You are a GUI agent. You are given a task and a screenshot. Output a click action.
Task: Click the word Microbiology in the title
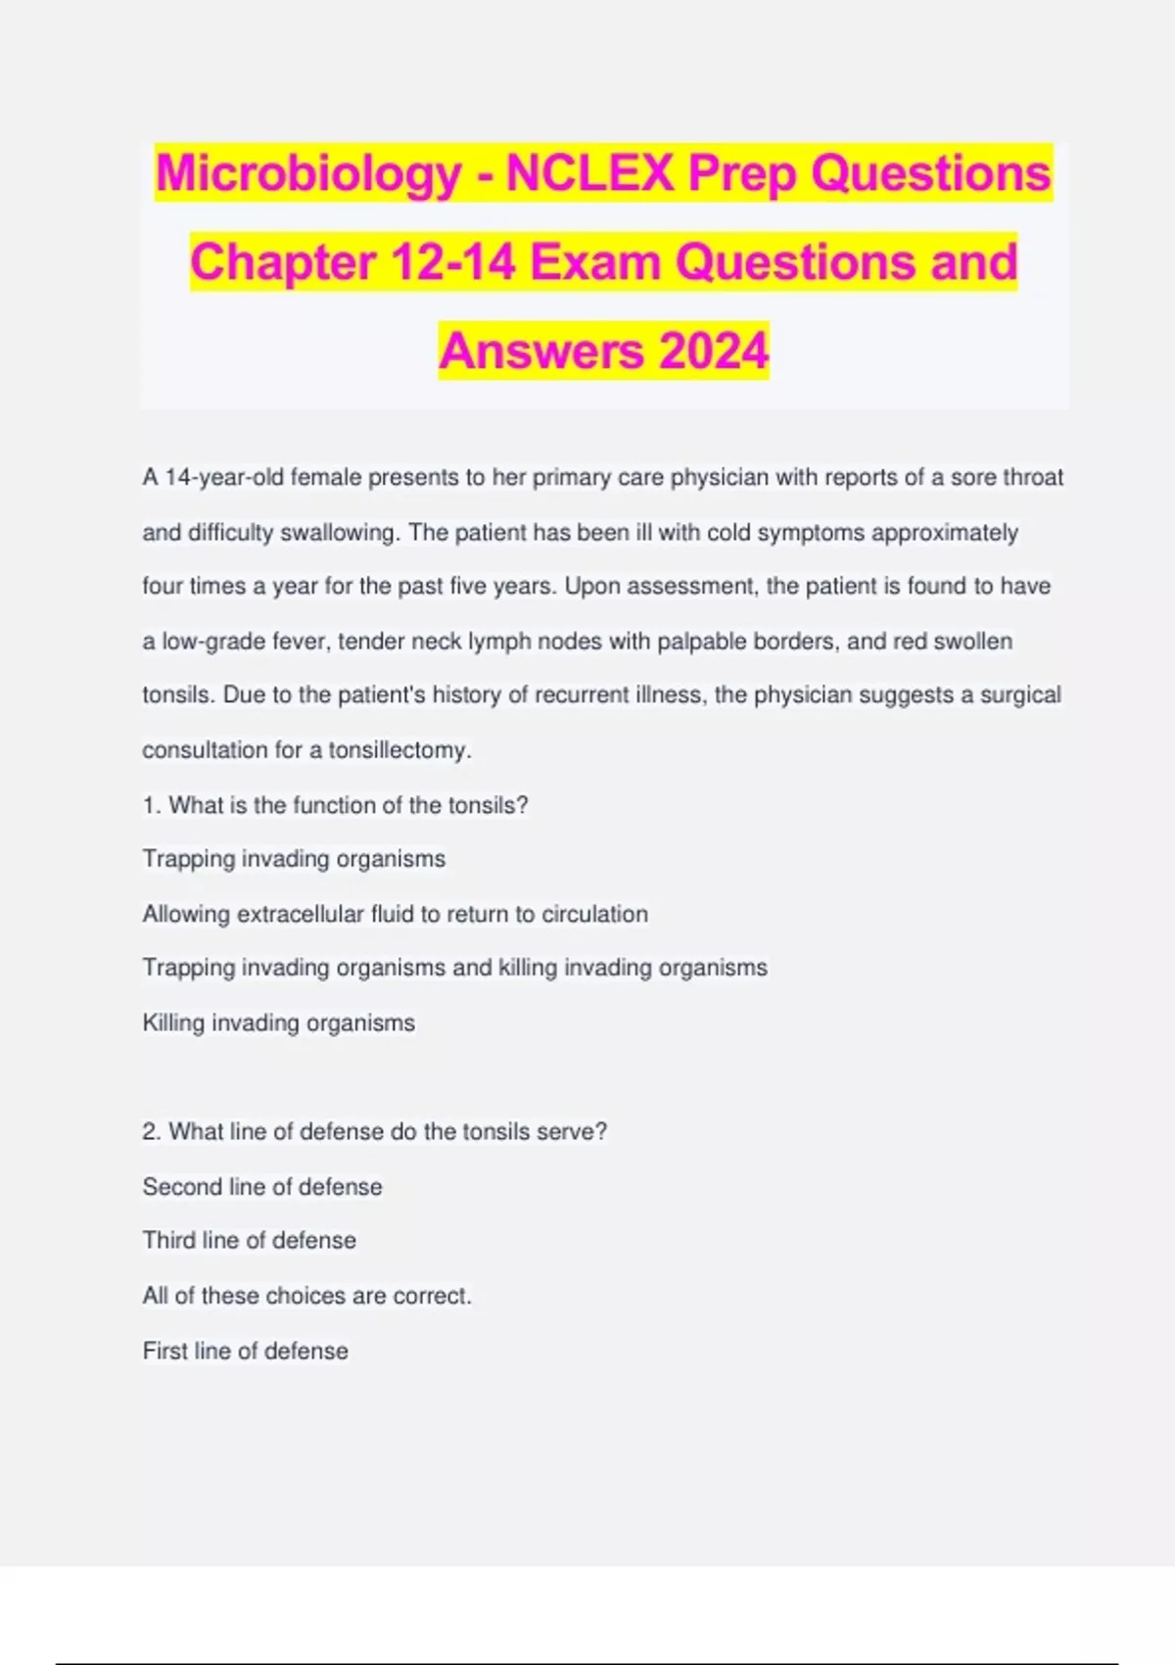click(308, 174)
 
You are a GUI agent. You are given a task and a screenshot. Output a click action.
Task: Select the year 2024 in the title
click(714, 351)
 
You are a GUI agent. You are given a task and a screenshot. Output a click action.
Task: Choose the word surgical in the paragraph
click(1021, 695)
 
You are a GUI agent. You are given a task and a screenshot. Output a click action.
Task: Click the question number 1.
click(151, 805)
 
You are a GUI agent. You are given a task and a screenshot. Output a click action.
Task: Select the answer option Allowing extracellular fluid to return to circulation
click(395, 914)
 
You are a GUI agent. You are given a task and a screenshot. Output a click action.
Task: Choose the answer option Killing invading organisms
click(278, 1023)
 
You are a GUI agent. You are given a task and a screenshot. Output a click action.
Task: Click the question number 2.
click(151, 1131)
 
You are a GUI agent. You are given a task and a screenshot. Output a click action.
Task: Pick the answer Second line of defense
click(262, 1186)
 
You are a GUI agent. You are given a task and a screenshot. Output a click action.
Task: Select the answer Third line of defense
click(249, 1240)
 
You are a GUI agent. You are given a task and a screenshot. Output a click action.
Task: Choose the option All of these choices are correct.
click(306, 1295)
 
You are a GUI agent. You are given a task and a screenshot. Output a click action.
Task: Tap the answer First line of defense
click(245, 1351)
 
